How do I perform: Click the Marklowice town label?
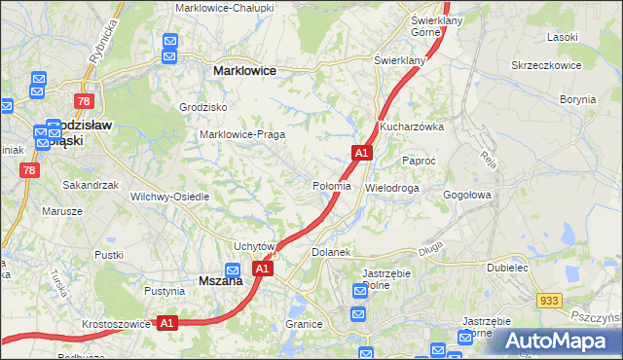pos(244,71)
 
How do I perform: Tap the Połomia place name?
pos(330,186)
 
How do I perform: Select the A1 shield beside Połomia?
pos(361,153)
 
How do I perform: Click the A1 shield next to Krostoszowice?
pos(166,322)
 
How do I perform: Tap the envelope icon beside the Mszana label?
pos(234,270)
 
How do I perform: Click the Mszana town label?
pos(219,280)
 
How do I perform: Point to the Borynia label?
pos(577,99)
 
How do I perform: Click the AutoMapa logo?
pos(558,341)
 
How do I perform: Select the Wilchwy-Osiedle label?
pos(170,196)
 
